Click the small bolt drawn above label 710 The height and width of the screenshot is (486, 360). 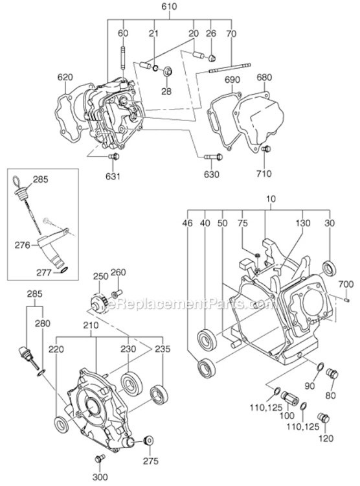266,150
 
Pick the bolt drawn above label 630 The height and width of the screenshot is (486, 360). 212,156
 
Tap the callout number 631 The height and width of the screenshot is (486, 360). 114,175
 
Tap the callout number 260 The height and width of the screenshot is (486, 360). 118,272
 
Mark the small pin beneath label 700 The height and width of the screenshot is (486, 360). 347,299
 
